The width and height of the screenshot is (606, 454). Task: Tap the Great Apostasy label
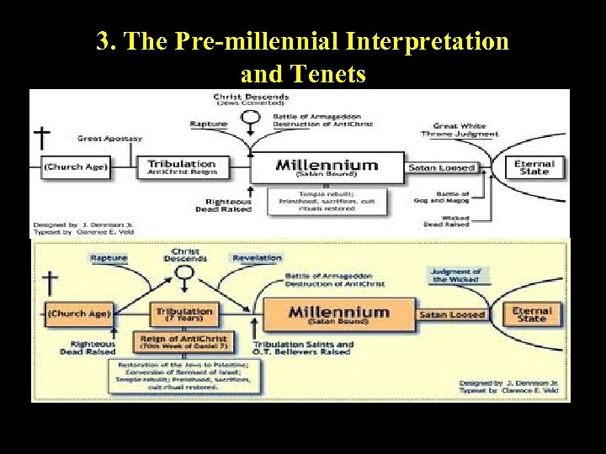[110, 138]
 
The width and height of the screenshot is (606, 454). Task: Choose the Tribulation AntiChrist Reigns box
[183, 167]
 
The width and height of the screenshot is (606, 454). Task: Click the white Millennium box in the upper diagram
[327, 166]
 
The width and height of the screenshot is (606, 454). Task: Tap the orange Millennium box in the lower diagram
[338, 314]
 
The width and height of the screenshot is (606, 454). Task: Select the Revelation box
[257, 258]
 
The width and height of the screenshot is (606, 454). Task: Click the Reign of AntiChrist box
[183, 341]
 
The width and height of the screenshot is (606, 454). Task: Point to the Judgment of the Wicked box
[455, 275]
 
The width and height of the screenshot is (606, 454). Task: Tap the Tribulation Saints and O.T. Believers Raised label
[304, 347]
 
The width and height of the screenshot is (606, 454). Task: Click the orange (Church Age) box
[78, 314]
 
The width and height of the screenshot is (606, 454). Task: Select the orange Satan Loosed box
[452, 314]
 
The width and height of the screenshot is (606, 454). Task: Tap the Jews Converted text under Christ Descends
[250, 104]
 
